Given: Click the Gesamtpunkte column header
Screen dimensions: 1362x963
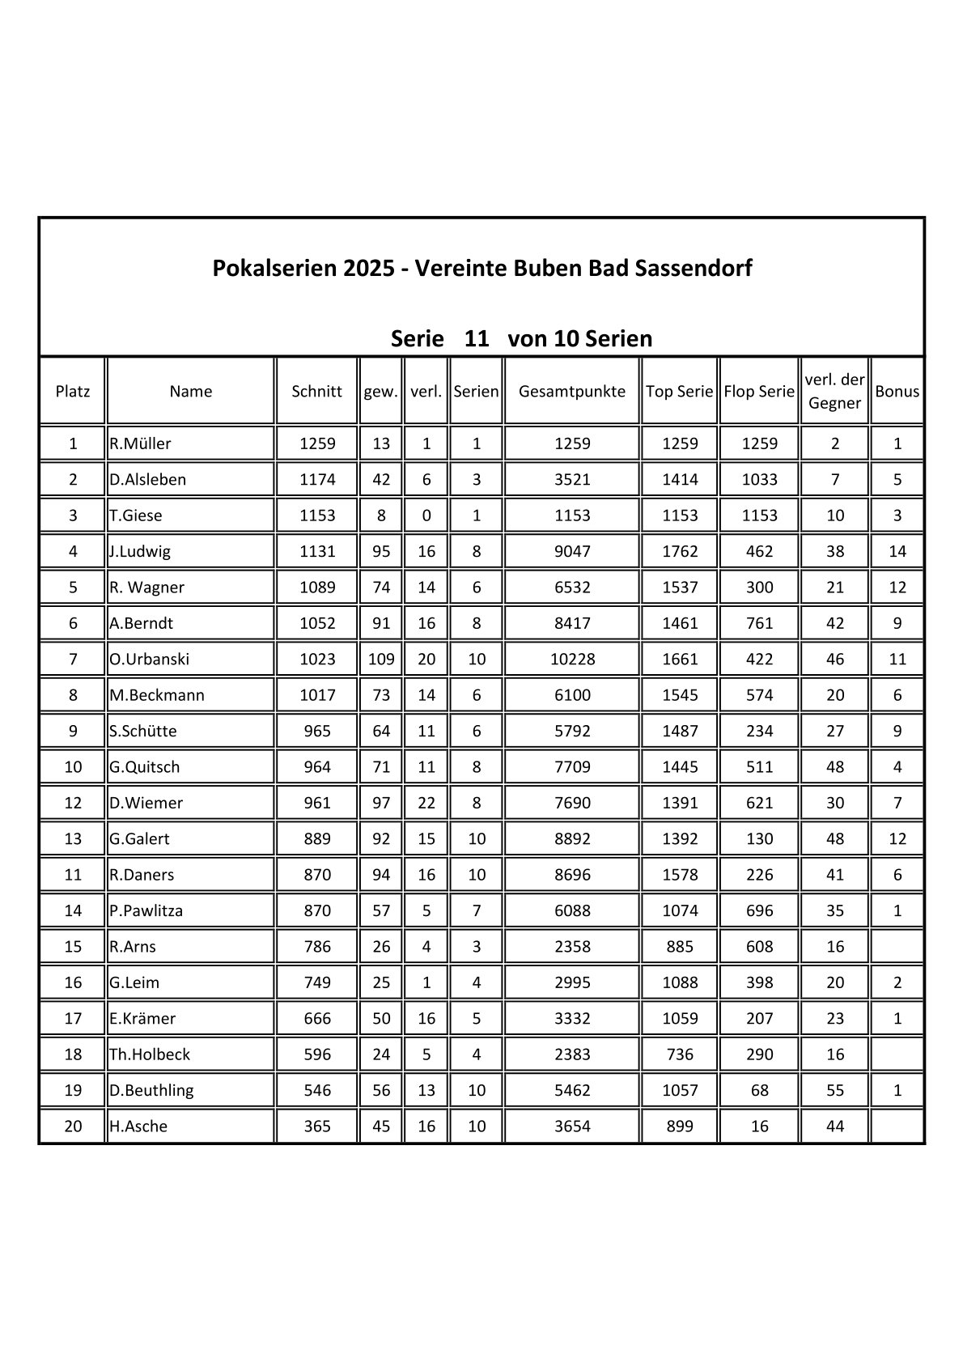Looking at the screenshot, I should (571, 392).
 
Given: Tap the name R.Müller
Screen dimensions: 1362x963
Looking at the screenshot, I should (141, 443).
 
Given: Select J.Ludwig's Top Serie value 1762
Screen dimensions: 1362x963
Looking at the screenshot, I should (679, 552).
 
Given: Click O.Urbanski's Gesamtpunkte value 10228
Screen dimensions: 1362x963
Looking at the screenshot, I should (571, 660).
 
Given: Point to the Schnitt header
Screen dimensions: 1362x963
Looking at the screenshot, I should (316, 392).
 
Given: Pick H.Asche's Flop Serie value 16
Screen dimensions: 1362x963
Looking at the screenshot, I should (759, 1127).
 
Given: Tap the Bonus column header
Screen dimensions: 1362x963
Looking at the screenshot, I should (897, 392).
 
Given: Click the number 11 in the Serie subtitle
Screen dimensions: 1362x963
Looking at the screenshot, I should (477, 338).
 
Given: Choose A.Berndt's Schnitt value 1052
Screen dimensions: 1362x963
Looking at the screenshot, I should (316, 623).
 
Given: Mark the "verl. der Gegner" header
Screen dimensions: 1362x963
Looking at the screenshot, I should (834, 391).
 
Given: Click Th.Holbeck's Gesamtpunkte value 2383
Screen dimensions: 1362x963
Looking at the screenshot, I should (571, 1054).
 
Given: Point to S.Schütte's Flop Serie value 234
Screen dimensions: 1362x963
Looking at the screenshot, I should (759, 731).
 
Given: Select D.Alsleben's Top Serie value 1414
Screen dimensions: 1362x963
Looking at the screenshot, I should (679, 479).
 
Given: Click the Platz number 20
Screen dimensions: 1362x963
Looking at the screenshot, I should (73, 1127).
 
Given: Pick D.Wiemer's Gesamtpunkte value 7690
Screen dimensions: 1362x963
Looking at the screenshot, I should (571, 803).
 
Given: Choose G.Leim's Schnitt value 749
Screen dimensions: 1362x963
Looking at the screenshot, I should (316, 982).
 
